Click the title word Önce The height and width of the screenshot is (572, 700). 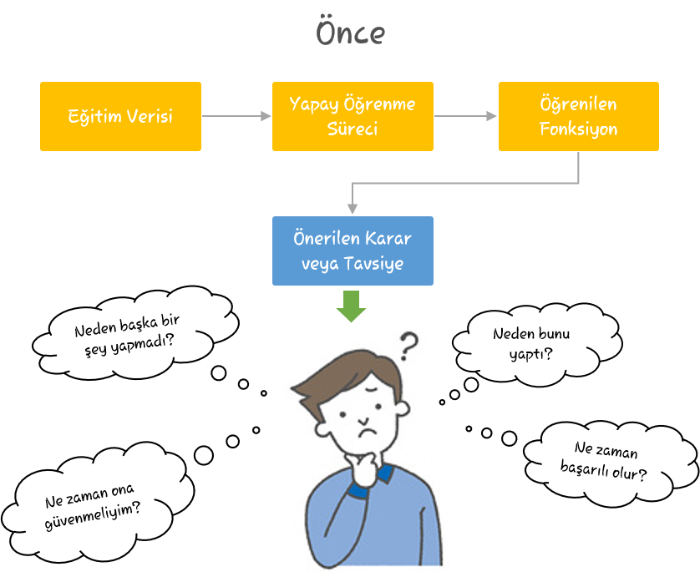pos(351,32)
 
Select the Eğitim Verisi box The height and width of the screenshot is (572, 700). pos(120,116)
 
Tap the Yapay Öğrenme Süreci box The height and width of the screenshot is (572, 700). pos(353,116)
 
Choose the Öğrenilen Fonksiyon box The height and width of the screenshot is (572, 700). pos(579,116)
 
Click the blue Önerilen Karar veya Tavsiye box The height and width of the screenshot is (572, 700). pos(353,251)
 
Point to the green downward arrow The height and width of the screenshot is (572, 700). pos(352,306)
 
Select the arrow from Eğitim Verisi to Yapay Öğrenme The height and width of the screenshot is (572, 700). pos(236,116)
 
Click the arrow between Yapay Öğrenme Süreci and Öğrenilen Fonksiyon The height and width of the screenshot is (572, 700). pos(465,116)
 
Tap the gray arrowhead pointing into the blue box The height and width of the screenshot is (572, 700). pos(353,209)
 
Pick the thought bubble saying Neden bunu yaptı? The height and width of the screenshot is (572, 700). pos(535,343)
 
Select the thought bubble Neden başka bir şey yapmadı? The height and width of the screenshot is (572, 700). pos(134,334)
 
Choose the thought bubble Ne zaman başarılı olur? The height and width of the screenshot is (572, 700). pos(610,462)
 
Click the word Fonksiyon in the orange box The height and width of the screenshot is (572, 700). pos(579,129)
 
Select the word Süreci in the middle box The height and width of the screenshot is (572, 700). pos(353,129)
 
